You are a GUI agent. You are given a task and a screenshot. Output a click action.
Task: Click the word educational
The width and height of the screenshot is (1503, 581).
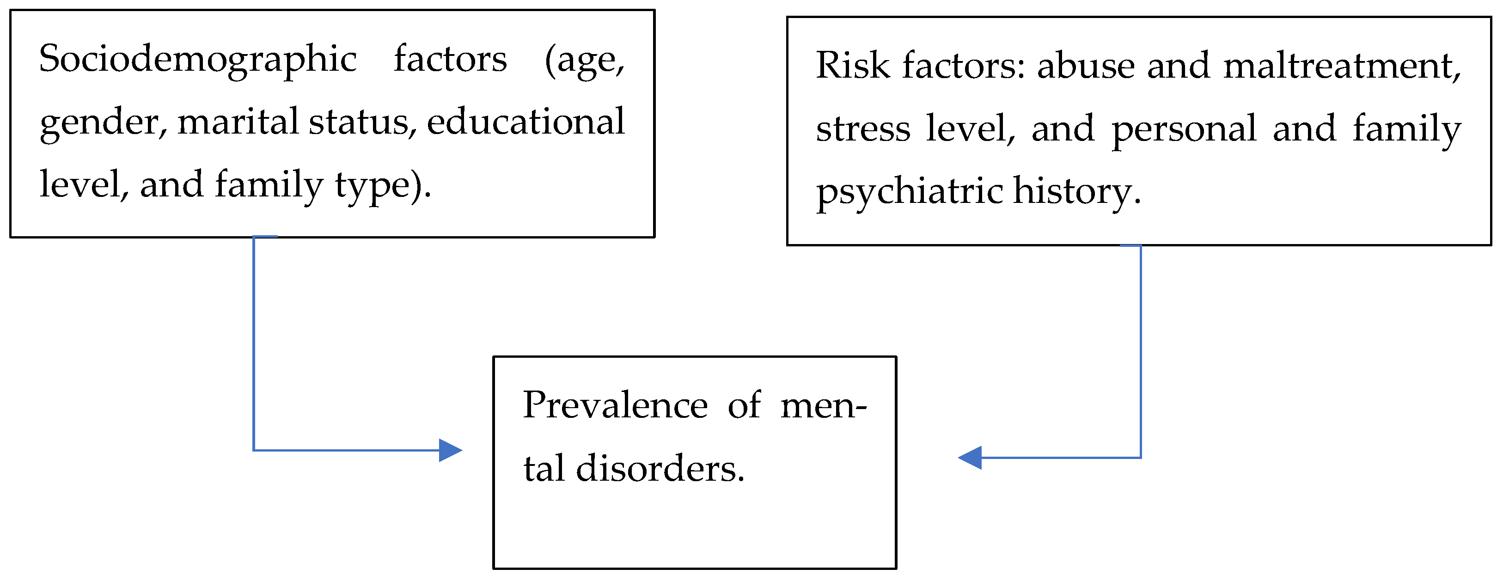pos(525,122)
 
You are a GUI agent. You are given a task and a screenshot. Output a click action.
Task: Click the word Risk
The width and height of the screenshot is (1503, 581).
pos(852,65)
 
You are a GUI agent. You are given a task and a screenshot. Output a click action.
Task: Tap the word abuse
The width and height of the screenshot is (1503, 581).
pos(1086,65)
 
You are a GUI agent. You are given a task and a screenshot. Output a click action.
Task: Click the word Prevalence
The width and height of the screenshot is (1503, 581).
pos(615,405)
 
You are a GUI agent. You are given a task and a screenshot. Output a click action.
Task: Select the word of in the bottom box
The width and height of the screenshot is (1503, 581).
pos(744,405)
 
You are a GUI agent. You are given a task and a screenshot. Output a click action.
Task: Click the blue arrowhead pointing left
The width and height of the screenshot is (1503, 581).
pos(970,458)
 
